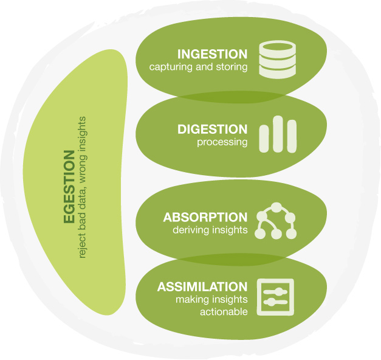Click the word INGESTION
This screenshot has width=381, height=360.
(x=212, y=54)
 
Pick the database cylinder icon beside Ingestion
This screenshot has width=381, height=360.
(x=277, y=60)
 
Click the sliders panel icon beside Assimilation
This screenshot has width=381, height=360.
(x=275, y=297)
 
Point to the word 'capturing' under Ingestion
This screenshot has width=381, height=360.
(x=171, y=67)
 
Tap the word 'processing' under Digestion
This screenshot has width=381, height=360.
(x=222, y=142)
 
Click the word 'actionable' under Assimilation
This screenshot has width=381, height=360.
(x=224, y=312)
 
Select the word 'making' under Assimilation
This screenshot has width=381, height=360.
(x=191, y=299)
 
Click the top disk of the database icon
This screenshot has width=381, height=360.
(x=277, y=47)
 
